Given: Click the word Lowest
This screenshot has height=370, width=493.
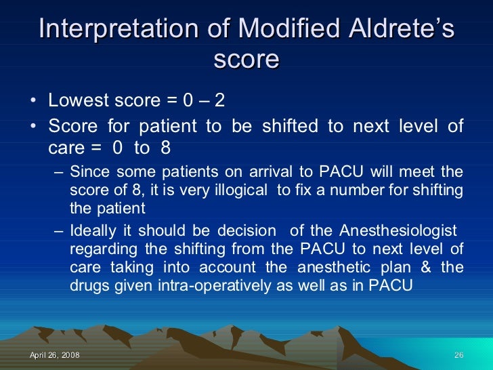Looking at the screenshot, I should click(75, 100).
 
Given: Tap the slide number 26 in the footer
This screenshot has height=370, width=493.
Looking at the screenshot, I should click(458, 356).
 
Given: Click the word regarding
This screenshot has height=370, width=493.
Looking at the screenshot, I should click(98, 249).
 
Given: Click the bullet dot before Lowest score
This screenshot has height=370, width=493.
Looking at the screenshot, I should click(34, 102).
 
